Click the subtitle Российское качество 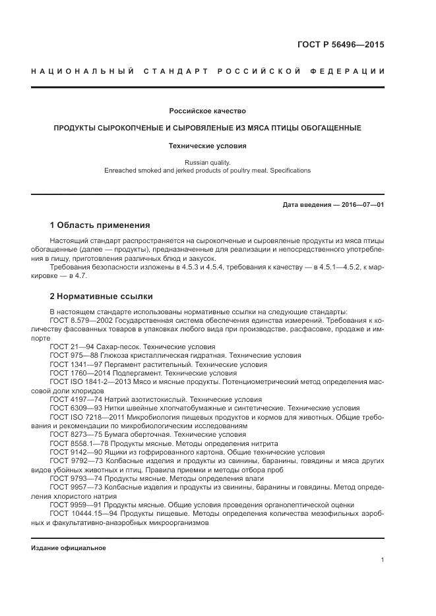(x=207, y=111)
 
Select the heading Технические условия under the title (x=207, y=146)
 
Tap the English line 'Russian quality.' (x=207, y=161)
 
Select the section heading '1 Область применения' (x=100, y=225)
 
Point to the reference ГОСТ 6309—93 (x=73, y=408)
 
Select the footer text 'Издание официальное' (x=68, y=548)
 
